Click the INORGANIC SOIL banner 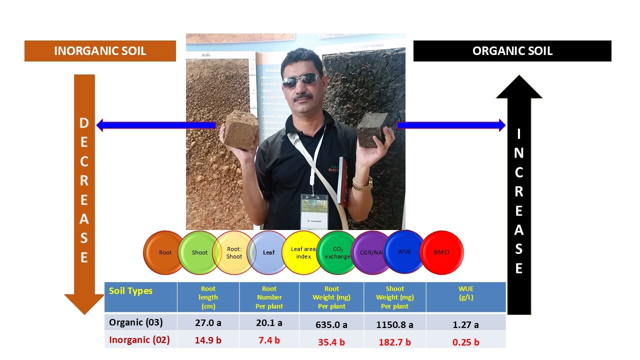100,51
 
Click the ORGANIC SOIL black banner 512,51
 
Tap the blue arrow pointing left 155,125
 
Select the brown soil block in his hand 241,130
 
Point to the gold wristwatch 362,184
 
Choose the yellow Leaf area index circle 303,252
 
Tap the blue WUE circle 404,251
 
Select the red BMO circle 442,252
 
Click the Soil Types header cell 131,291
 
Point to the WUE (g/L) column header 465,292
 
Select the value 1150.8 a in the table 394,324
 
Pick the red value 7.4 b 268,340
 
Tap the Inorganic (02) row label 139,340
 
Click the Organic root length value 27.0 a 208,323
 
